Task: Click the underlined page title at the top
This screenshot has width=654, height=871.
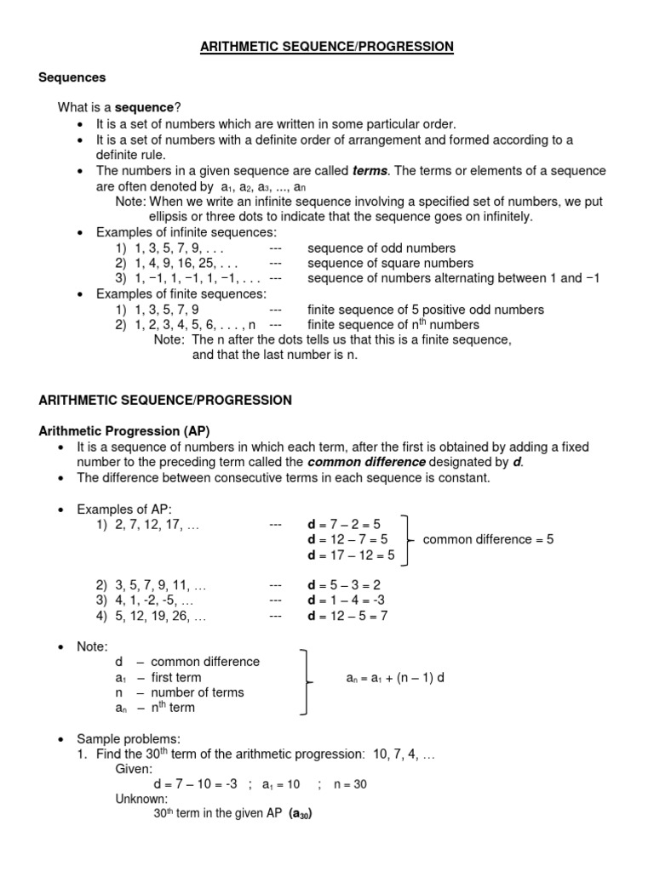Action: [x=327, y=48]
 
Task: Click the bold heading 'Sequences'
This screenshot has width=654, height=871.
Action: [x=72, y=77]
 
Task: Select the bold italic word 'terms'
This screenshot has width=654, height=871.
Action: [x=370, y=171]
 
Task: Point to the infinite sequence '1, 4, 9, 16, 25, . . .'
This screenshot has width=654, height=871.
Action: [x=176, y=263]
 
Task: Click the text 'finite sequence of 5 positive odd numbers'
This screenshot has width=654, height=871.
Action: [x=425, y=310]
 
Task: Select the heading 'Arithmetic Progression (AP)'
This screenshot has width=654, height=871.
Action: [x=124, y=431]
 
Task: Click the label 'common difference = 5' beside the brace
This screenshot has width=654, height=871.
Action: [x=488, y=539]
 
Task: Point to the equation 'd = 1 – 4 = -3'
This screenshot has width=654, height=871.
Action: [x=347, y=601]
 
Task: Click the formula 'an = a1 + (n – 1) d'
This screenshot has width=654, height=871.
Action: [x=395, y=678]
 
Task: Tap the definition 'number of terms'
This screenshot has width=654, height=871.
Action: [x=197, y=692]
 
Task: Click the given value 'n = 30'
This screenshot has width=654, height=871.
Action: [x=350, y=784]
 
